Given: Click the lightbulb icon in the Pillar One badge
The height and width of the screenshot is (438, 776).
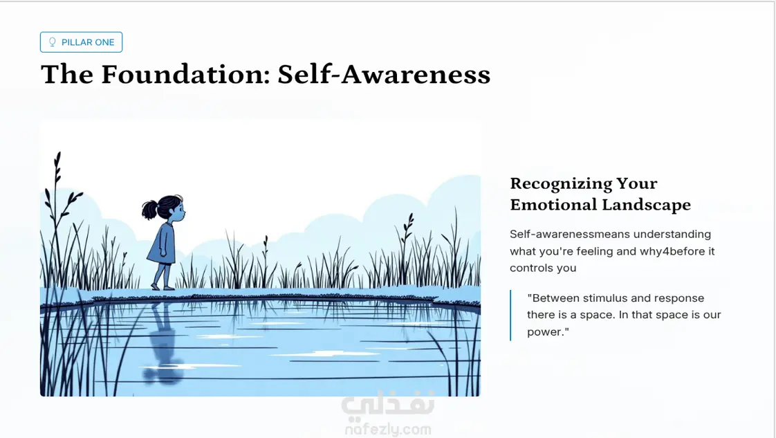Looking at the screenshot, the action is click(53, 42).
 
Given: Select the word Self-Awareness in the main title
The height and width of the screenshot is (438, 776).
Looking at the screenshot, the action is click(384, 74).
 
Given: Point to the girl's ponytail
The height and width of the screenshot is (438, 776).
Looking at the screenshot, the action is click(149, 210).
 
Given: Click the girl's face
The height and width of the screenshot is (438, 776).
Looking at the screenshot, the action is click(179, 211).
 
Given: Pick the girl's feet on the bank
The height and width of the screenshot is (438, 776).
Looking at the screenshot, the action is click(162, 286).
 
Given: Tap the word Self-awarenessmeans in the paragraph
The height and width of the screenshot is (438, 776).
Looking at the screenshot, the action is click(570, 234).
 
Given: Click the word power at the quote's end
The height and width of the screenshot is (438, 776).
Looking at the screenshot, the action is click(546, 332).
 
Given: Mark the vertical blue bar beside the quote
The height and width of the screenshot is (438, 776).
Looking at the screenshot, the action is click(510, 316).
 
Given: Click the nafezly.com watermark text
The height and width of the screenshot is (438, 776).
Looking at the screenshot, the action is click(388, 429).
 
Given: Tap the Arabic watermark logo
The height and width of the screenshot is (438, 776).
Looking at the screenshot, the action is click(388, 403).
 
